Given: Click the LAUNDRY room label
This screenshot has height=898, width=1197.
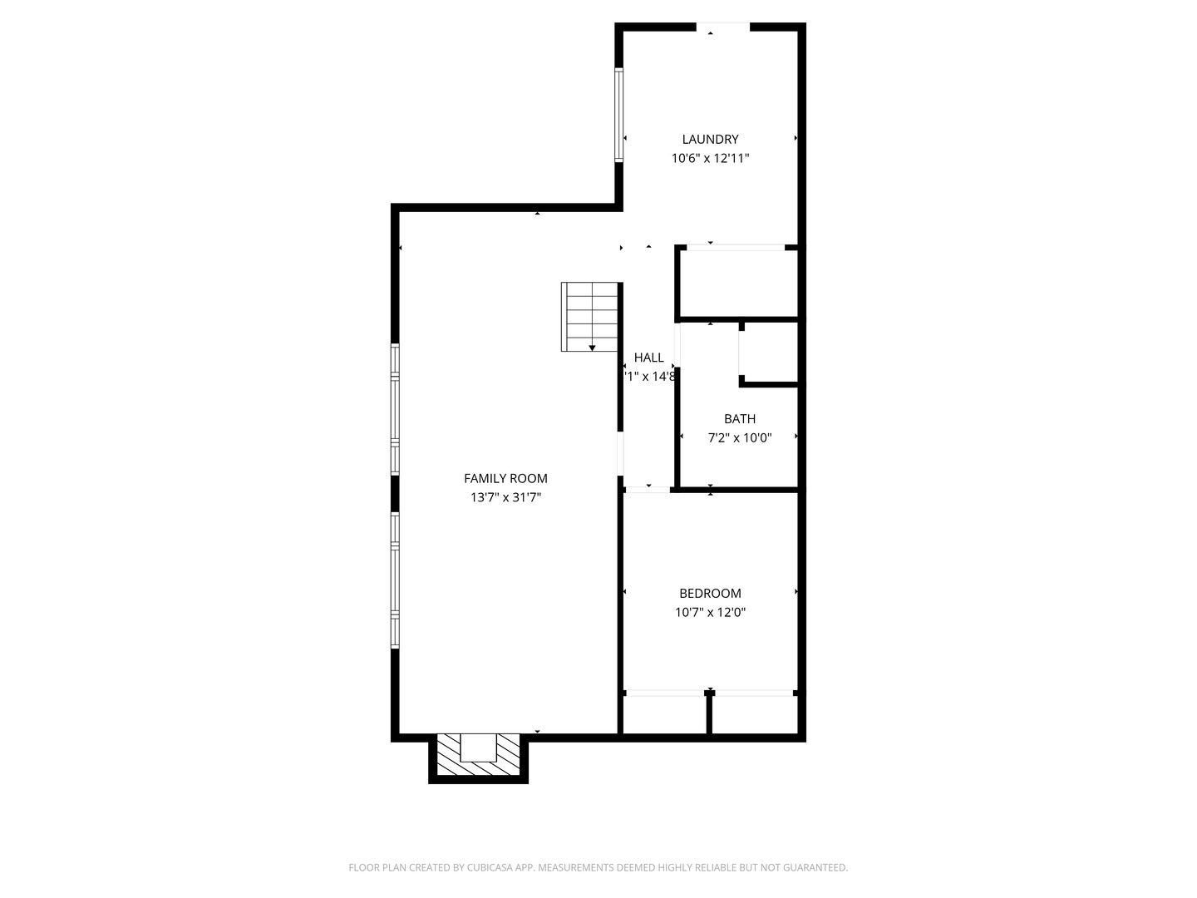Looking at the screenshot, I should click(710, 140).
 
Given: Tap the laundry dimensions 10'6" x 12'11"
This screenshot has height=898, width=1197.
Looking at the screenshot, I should click(710, 158).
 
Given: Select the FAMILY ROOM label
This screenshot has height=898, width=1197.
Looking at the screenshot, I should click(505, 478).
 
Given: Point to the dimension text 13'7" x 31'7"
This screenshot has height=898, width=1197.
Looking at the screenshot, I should click(505, 497).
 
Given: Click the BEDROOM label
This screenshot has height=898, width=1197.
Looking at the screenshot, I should click(710, 593).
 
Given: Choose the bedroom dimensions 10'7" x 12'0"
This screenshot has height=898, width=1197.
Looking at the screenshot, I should click(710, 613).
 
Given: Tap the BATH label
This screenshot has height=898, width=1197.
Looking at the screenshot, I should click(739, 419).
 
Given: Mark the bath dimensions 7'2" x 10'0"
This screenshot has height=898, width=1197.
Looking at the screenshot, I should click(739, 437).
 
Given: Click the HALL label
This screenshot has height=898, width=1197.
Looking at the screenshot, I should click(648, 358).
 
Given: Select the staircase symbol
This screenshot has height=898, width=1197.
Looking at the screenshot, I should click(590, 316).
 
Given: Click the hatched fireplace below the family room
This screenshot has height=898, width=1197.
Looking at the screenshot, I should click(478, 757).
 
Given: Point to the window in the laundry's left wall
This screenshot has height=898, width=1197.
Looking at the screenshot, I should click(618, 115).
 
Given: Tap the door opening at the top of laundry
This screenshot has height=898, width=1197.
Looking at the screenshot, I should click(722, 27).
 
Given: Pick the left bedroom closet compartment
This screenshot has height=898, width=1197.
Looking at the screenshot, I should click(664, 714).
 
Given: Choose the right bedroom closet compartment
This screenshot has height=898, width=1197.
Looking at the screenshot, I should click(754, 714).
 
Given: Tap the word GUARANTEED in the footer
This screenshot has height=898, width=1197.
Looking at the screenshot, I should click(812, 867).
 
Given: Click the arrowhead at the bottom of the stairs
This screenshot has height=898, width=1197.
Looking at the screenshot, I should click(593, 348).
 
